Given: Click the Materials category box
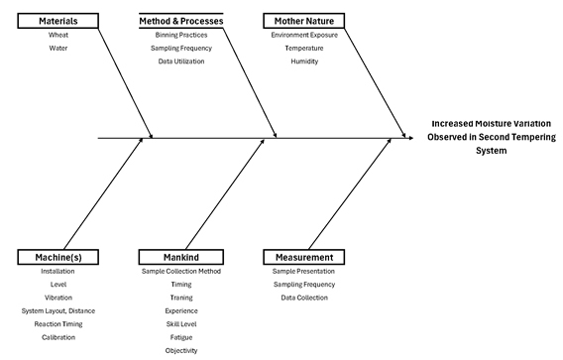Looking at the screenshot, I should click(x=57, y=21).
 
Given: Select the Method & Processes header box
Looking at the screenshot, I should click(x=180, y=21).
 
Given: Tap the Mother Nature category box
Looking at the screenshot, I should click(x=303, y=21).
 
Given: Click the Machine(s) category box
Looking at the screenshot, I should click(x=57, y=258).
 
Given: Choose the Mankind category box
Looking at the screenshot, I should click(x=180, y=258).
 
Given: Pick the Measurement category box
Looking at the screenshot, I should click(x=303, y=258).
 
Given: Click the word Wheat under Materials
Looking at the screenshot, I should click(x=57, y=35).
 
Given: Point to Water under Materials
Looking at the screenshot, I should click(x=57, y=48).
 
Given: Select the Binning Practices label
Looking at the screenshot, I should click(x=180, y=35).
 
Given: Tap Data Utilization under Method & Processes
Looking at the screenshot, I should click(x=180, y=60).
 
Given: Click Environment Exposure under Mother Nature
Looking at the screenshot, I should click(x=303, y=35).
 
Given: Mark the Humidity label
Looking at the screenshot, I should click(x=303, y=60).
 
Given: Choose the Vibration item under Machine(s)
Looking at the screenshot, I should click(x=57, y=297).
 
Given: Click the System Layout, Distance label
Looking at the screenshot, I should click(x=57, y=310).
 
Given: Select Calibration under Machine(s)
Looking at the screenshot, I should click(x=57, y=336).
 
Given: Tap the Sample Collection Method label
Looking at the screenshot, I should click(x=180, y=271).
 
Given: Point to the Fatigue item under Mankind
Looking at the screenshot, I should click(x=180, y=336).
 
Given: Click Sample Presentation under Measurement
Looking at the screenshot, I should click(x=303, y=271).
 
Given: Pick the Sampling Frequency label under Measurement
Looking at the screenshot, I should click(x=303, y=284).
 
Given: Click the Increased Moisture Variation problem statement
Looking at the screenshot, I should click(x=481, y=137).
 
